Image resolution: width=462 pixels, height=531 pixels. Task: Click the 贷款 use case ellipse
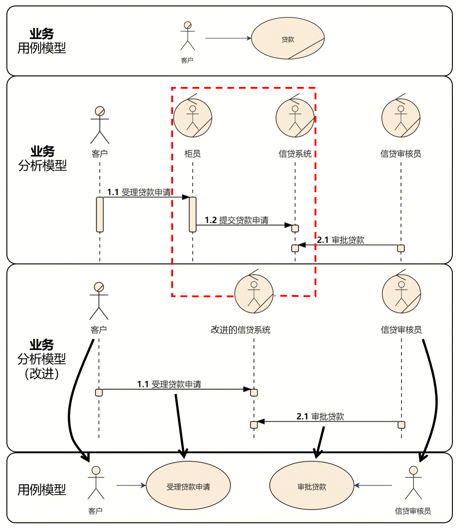[x=288, y=39]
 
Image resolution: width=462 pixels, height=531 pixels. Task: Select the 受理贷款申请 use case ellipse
[x=188, y=487]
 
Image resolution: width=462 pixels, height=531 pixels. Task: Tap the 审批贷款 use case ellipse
[x=312, y=487]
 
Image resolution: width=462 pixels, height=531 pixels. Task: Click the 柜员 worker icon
[x=193, y=117]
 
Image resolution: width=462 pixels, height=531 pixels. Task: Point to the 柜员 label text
[x=193, y=154]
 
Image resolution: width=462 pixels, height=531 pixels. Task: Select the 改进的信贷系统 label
[x=240, y=329]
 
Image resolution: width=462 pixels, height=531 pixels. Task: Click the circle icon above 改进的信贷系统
[x=254, y=293]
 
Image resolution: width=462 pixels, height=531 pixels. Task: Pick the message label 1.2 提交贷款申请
[x=237, y=220]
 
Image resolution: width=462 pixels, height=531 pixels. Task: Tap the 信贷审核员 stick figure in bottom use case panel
[x=413, y=482]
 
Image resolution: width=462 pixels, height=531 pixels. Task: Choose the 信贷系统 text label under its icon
[x=295, y=154]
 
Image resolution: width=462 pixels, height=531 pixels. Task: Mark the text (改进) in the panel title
[x=41, y=373]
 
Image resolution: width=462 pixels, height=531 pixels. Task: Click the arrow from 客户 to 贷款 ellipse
[x=228, y=38]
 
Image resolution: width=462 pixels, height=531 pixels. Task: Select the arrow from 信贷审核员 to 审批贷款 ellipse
[x=374, y=485]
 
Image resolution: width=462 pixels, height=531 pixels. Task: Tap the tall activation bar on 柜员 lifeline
[x=193, y=214]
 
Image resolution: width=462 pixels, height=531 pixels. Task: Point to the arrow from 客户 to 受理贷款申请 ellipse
[x=131, y=485]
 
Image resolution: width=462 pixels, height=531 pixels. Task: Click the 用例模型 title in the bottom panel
[x=41, y=490]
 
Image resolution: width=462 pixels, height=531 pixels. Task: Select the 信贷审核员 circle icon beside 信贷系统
[x=401, y=117]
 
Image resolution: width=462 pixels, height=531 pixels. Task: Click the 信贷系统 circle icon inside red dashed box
[x=295, y=117]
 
